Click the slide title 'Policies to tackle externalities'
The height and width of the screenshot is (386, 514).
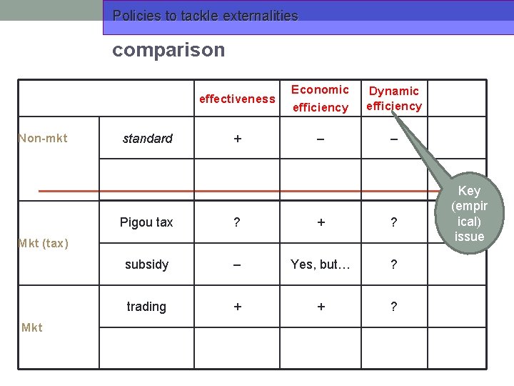tap(206, 16)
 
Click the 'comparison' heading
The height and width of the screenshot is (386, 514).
tap(168, 50)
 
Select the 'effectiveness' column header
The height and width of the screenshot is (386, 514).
tap(237, 99)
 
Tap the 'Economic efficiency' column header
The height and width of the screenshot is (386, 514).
tap(321, 99)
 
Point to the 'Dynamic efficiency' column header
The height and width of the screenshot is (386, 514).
tap(394, 99)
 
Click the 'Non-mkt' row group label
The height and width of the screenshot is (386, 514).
tap(43, 138)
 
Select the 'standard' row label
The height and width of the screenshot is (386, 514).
tap(147, 139)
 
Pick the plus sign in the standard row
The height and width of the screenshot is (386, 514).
tap(238, 139)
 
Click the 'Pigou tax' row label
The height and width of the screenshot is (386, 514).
tap(146, 222)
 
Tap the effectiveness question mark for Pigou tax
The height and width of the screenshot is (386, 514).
tap(238, 222)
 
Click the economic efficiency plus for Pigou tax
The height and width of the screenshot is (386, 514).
tap(321, 222)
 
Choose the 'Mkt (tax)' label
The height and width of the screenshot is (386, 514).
tap(44, 244)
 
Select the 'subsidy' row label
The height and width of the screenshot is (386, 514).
tap(146, 264)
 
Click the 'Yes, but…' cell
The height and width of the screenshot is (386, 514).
tap(321, 264)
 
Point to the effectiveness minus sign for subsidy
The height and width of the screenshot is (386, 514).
tap(238, 264)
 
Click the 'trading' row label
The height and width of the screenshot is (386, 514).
tap(146, 307)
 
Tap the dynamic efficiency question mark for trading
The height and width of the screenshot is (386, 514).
tap(393, 307)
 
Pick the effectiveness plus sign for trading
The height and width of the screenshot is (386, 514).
tap(238, 307)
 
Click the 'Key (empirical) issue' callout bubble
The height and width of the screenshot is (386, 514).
tap(469, 213)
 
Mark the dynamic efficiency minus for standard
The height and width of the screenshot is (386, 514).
tap(393, 139)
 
